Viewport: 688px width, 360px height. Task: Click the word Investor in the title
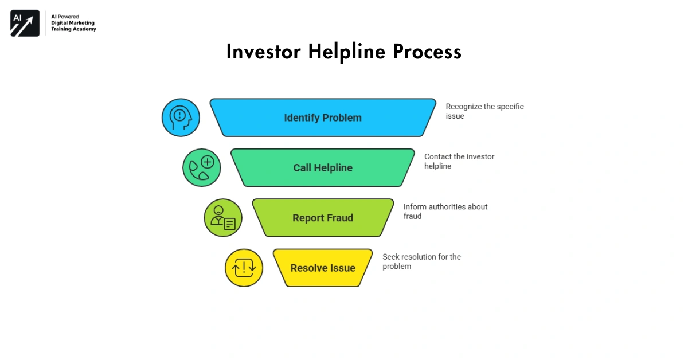264,52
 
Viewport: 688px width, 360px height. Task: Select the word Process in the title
427,52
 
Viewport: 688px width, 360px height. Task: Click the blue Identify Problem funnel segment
323,118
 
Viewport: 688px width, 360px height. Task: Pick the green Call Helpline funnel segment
323,168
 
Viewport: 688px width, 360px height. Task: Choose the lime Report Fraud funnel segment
323,218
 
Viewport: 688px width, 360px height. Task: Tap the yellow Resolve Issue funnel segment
323,268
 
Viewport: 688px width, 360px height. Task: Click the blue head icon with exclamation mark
181,118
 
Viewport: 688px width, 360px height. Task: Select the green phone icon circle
202,168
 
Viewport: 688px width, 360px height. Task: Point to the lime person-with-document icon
223,218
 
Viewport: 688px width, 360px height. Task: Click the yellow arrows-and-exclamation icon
244,268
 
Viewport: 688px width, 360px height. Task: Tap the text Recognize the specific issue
484,111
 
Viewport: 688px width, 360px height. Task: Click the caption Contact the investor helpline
459,161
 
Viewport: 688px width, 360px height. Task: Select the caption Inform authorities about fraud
445,211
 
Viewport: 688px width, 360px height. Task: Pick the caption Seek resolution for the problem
421,261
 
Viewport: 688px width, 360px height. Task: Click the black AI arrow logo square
25,24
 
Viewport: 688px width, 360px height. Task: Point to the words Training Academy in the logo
73,29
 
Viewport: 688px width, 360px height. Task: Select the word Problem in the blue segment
342,118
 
